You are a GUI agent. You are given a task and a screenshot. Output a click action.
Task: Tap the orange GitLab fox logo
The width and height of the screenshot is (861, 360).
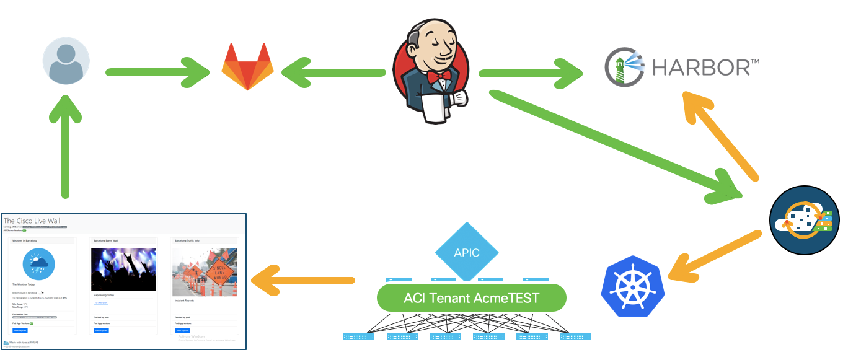(247, 66)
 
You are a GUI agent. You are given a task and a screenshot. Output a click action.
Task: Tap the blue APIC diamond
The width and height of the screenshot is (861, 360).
(466, 252)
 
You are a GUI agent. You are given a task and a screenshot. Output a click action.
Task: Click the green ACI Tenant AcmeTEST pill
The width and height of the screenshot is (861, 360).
(471, 298)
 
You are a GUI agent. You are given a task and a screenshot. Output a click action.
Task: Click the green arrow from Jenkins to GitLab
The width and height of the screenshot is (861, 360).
(335, 72)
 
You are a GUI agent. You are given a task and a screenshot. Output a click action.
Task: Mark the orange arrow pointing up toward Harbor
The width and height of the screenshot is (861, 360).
(719, 133)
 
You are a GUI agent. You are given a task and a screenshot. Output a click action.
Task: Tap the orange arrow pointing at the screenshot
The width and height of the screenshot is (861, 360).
(304, 283)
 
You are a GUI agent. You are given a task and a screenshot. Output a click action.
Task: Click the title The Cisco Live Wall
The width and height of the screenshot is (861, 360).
(32, 221)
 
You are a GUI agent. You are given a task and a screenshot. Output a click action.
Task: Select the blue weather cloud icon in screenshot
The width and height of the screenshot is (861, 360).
(38, 265)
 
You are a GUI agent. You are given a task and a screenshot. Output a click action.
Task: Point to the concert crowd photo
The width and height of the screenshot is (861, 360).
(123, 270)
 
